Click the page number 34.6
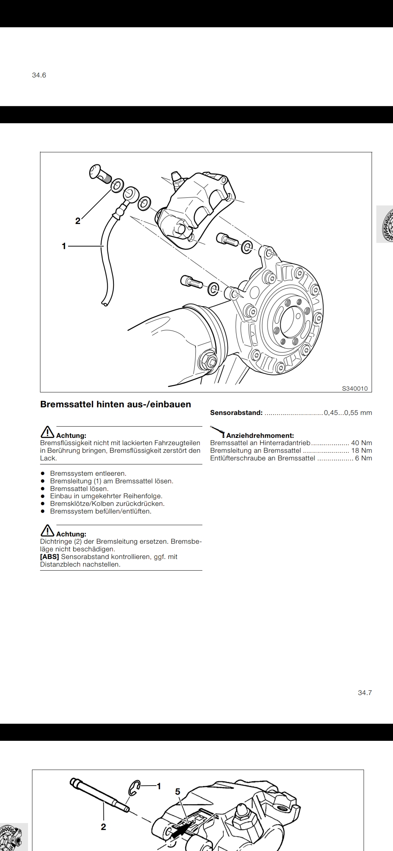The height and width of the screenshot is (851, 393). tap(39, 75)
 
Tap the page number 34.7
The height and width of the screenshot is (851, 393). tap(365, 693)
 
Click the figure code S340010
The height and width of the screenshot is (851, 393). tap(355, 388)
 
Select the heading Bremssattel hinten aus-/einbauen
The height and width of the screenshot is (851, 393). tap(115, 404)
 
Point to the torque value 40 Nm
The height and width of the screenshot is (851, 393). tap(361, 443)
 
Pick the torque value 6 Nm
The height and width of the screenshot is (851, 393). tap(364, 458)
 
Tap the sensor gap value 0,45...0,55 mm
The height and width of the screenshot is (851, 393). tap(348, 413)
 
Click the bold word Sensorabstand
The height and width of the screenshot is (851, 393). tap(236, 413)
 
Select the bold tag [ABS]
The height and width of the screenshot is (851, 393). tap(49, 557)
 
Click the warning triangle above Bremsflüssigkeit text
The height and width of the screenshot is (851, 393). tap(47, 432)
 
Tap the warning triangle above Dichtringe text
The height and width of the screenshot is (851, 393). tap(47, 531)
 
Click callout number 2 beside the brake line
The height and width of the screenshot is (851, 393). tap(78, 221)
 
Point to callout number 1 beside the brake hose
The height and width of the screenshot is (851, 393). tap(64, 246)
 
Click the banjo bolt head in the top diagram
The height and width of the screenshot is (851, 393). tap(96, 172)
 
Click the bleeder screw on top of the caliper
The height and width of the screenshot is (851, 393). tap(177, 177)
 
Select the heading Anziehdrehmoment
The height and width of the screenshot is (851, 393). tap(260, 435)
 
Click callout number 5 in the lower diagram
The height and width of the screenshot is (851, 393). tap(178, 792)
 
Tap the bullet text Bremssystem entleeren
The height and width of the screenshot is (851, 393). tap(88, 474)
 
